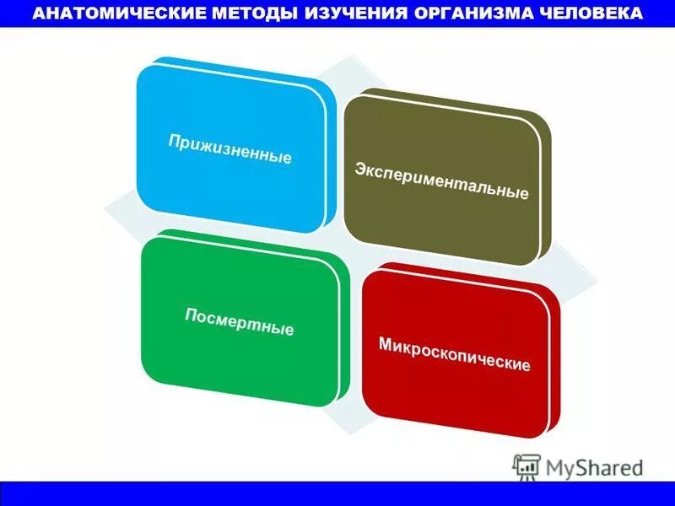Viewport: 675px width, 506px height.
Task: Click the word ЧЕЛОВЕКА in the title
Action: tap(588, 14)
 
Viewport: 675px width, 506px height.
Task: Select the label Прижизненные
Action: tap(229, 147)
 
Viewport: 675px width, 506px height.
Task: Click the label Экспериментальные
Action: tap(441, 181)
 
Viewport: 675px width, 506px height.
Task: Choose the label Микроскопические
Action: tap(454, 355)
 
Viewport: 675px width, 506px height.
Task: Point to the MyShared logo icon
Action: tap(526, 466)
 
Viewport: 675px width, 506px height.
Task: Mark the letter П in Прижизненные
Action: tap(174, 137)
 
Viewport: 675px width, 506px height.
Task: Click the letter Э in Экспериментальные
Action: tap(359, 170)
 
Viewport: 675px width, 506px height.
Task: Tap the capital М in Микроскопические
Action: tap(386, 345)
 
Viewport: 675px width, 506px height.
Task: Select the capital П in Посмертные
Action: tap(191, 315)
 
